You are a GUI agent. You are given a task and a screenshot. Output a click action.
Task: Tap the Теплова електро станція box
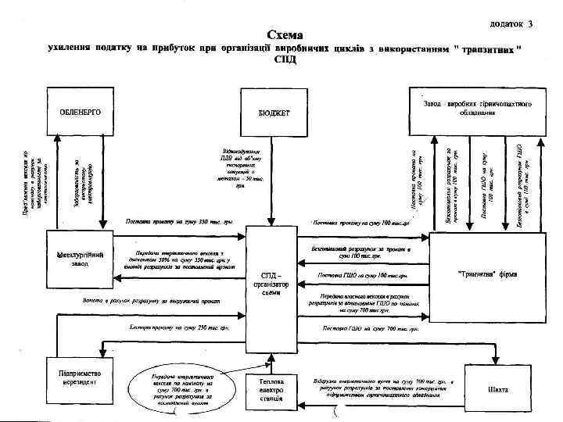click(273, 388)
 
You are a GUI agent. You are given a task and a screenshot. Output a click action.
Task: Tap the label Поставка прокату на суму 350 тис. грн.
click(170, 221)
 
